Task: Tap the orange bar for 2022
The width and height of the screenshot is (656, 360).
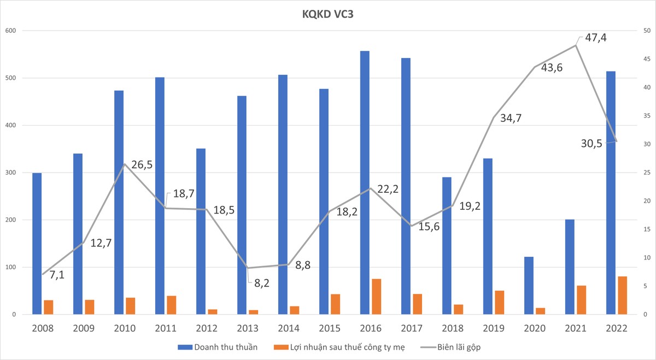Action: coord(622,296)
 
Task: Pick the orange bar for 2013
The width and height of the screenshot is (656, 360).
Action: coord(253,312)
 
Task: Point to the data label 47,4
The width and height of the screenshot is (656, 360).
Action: coord(595,38)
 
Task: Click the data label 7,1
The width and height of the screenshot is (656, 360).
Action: coord(57,275)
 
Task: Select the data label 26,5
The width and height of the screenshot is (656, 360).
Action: coord(141,165)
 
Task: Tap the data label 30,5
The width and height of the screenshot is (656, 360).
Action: coord(592,143)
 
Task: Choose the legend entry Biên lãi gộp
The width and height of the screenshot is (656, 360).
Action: coord(450,347)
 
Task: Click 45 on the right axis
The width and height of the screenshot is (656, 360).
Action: coord(647,59)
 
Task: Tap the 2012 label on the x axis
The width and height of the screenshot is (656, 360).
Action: coord(207,328)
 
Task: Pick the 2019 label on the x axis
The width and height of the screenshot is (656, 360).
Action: coord(494,328)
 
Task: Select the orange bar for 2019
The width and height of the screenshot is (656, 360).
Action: coord(499,303)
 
